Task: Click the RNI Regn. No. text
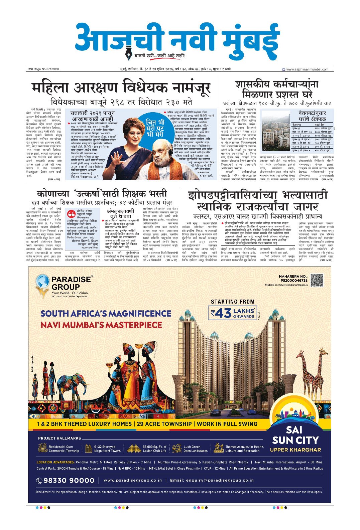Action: click(x=43, y=69)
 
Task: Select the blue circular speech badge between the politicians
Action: click(x=156, y=128)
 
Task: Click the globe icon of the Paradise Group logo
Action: click(x=42, y=281)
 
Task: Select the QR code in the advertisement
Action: click(x=317, y=280)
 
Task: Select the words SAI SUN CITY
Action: click(x=295, y=435)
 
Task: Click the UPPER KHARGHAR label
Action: click(x=295, y=450)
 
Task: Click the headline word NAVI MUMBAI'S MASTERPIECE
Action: click(x=101, y=325)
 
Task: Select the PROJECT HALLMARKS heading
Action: click(x=59, y=438)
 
